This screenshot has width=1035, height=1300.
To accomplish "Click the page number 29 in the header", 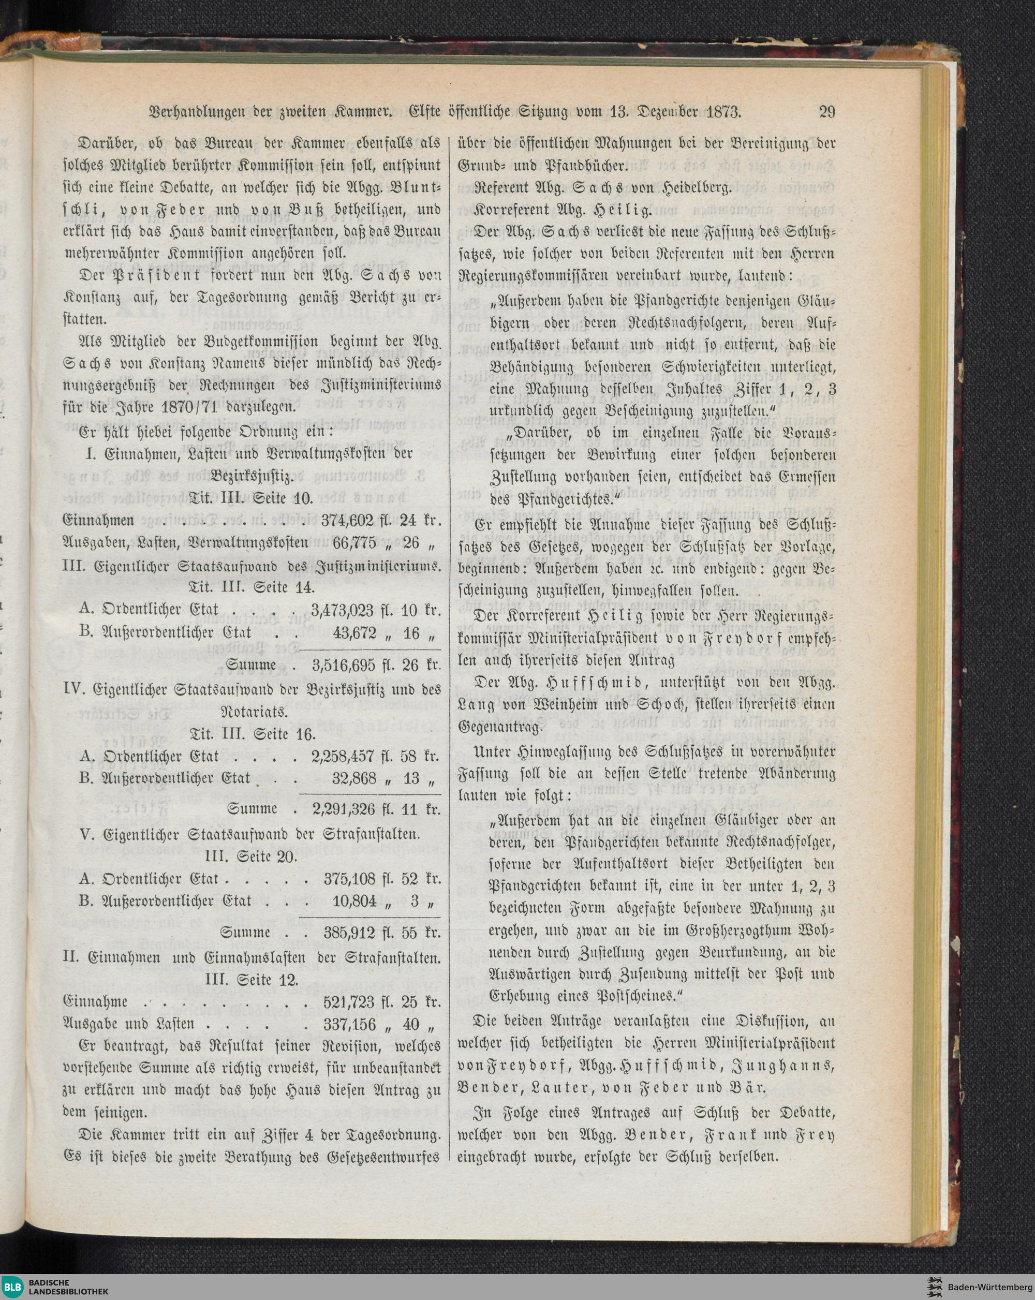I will point(826,112).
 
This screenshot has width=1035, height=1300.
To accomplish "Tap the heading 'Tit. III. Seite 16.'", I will point(252,734).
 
